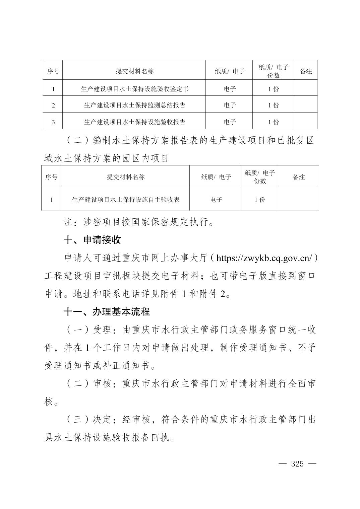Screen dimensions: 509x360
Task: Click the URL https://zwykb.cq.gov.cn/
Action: coord(264,258)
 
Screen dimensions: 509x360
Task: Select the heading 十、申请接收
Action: coord(92,240)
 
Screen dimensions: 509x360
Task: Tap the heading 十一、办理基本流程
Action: coord(107,312)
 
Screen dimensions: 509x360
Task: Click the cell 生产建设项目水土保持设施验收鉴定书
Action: coord(135,89)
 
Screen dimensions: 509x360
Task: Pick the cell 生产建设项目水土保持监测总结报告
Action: coord(135,105)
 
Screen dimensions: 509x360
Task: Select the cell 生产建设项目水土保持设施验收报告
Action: coord(135,122)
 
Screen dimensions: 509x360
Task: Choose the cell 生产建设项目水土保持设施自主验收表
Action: coord(126,200)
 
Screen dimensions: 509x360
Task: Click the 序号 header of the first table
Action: coord(53,71)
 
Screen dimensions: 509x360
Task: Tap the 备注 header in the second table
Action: coord(299,177)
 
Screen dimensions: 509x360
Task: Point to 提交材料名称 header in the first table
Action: coord(135,71)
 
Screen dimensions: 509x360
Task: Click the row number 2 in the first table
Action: coord(53,105)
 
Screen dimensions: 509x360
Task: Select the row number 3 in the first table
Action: coord(53,122)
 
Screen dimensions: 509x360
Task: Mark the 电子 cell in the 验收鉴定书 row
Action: coord(230,89)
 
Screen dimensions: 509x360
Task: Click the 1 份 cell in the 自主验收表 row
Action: coord(260,200)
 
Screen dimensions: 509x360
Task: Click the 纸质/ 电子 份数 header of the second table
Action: coord(260,177)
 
